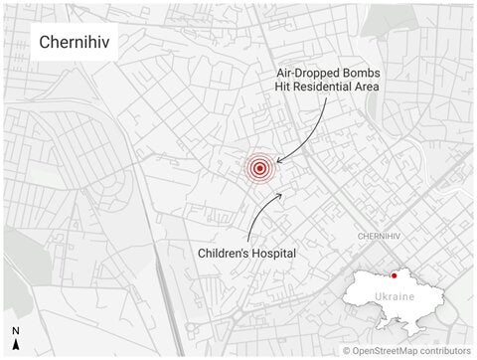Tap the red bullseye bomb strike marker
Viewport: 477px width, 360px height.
point(259,168)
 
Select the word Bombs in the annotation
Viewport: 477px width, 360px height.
point(361,71)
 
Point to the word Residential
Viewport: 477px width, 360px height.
point(333,88)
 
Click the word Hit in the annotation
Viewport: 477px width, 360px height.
point(285,88)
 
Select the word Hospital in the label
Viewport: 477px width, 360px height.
point(276,254)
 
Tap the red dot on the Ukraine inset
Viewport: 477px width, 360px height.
point(395,275)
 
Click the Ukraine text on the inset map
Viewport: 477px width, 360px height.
point(394,297)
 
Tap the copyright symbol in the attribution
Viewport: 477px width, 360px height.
point(347,351)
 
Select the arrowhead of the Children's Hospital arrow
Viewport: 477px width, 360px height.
point(283,195)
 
